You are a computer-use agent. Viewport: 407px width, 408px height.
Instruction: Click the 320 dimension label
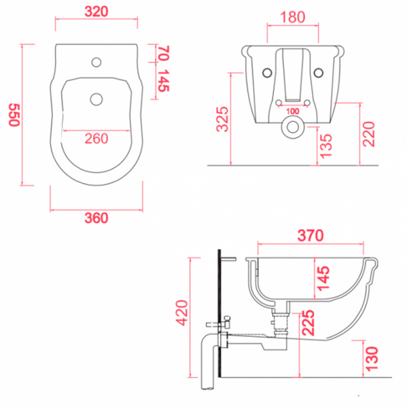point(96,12)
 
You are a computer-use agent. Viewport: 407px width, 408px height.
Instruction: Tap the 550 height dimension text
point(14,115)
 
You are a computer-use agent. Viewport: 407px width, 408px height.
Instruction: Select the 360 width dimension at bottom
point(96,218)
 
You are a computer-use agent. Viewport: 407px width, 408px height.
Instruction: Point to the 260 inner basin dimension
point(96,139)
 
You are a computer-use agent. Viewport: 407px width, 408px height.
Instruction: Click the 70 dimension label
point(164,53)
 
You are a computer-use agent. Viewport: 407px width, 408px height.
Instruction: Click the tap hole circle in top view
point(96,62)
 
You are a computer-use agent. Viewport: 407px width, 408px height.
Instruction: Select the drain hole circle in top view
point(96,99)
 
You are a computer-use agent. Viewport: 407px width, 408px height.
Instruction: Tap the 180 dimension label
point(293,17)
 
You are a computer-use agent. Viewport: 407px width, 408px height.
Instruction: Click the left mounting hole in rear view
point(267,73)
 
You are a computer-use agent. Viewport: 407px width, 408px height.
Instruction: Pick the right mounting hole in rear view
point(319,73)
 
